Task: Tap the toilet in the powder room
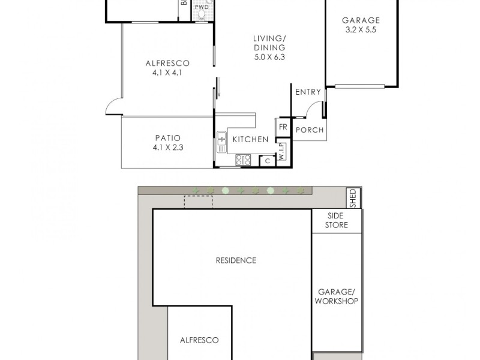pyautogui.click(x=203, y=16)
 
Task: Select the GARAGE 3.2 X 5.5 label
pyautogui.click(x=361, y=25)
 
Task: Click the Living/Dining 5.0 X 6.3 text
pyautogui.click(x=268, y=48)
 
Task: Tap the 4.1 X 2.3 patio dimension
pyautogui.click(x=167, y=147)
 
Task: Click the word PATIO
pyautogui.click(x=167, y=137)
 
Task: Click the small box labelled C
pyautogui.click(x=266, y=160)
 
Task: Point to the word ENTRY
pyautogui.click(x=308, y=92)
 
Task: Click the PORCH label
pyautogui.click(x=310, y=130)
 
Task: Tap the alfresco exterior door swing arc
pyautogui.click(x=113, y=106)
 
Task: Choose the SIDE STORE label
pyautogui.click(x=337, y=220)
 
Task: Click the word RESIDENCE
pyautogui.click(x=236, y=260)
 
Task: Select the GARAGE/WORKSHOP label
pyautogui.click(x=337, y=296)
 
